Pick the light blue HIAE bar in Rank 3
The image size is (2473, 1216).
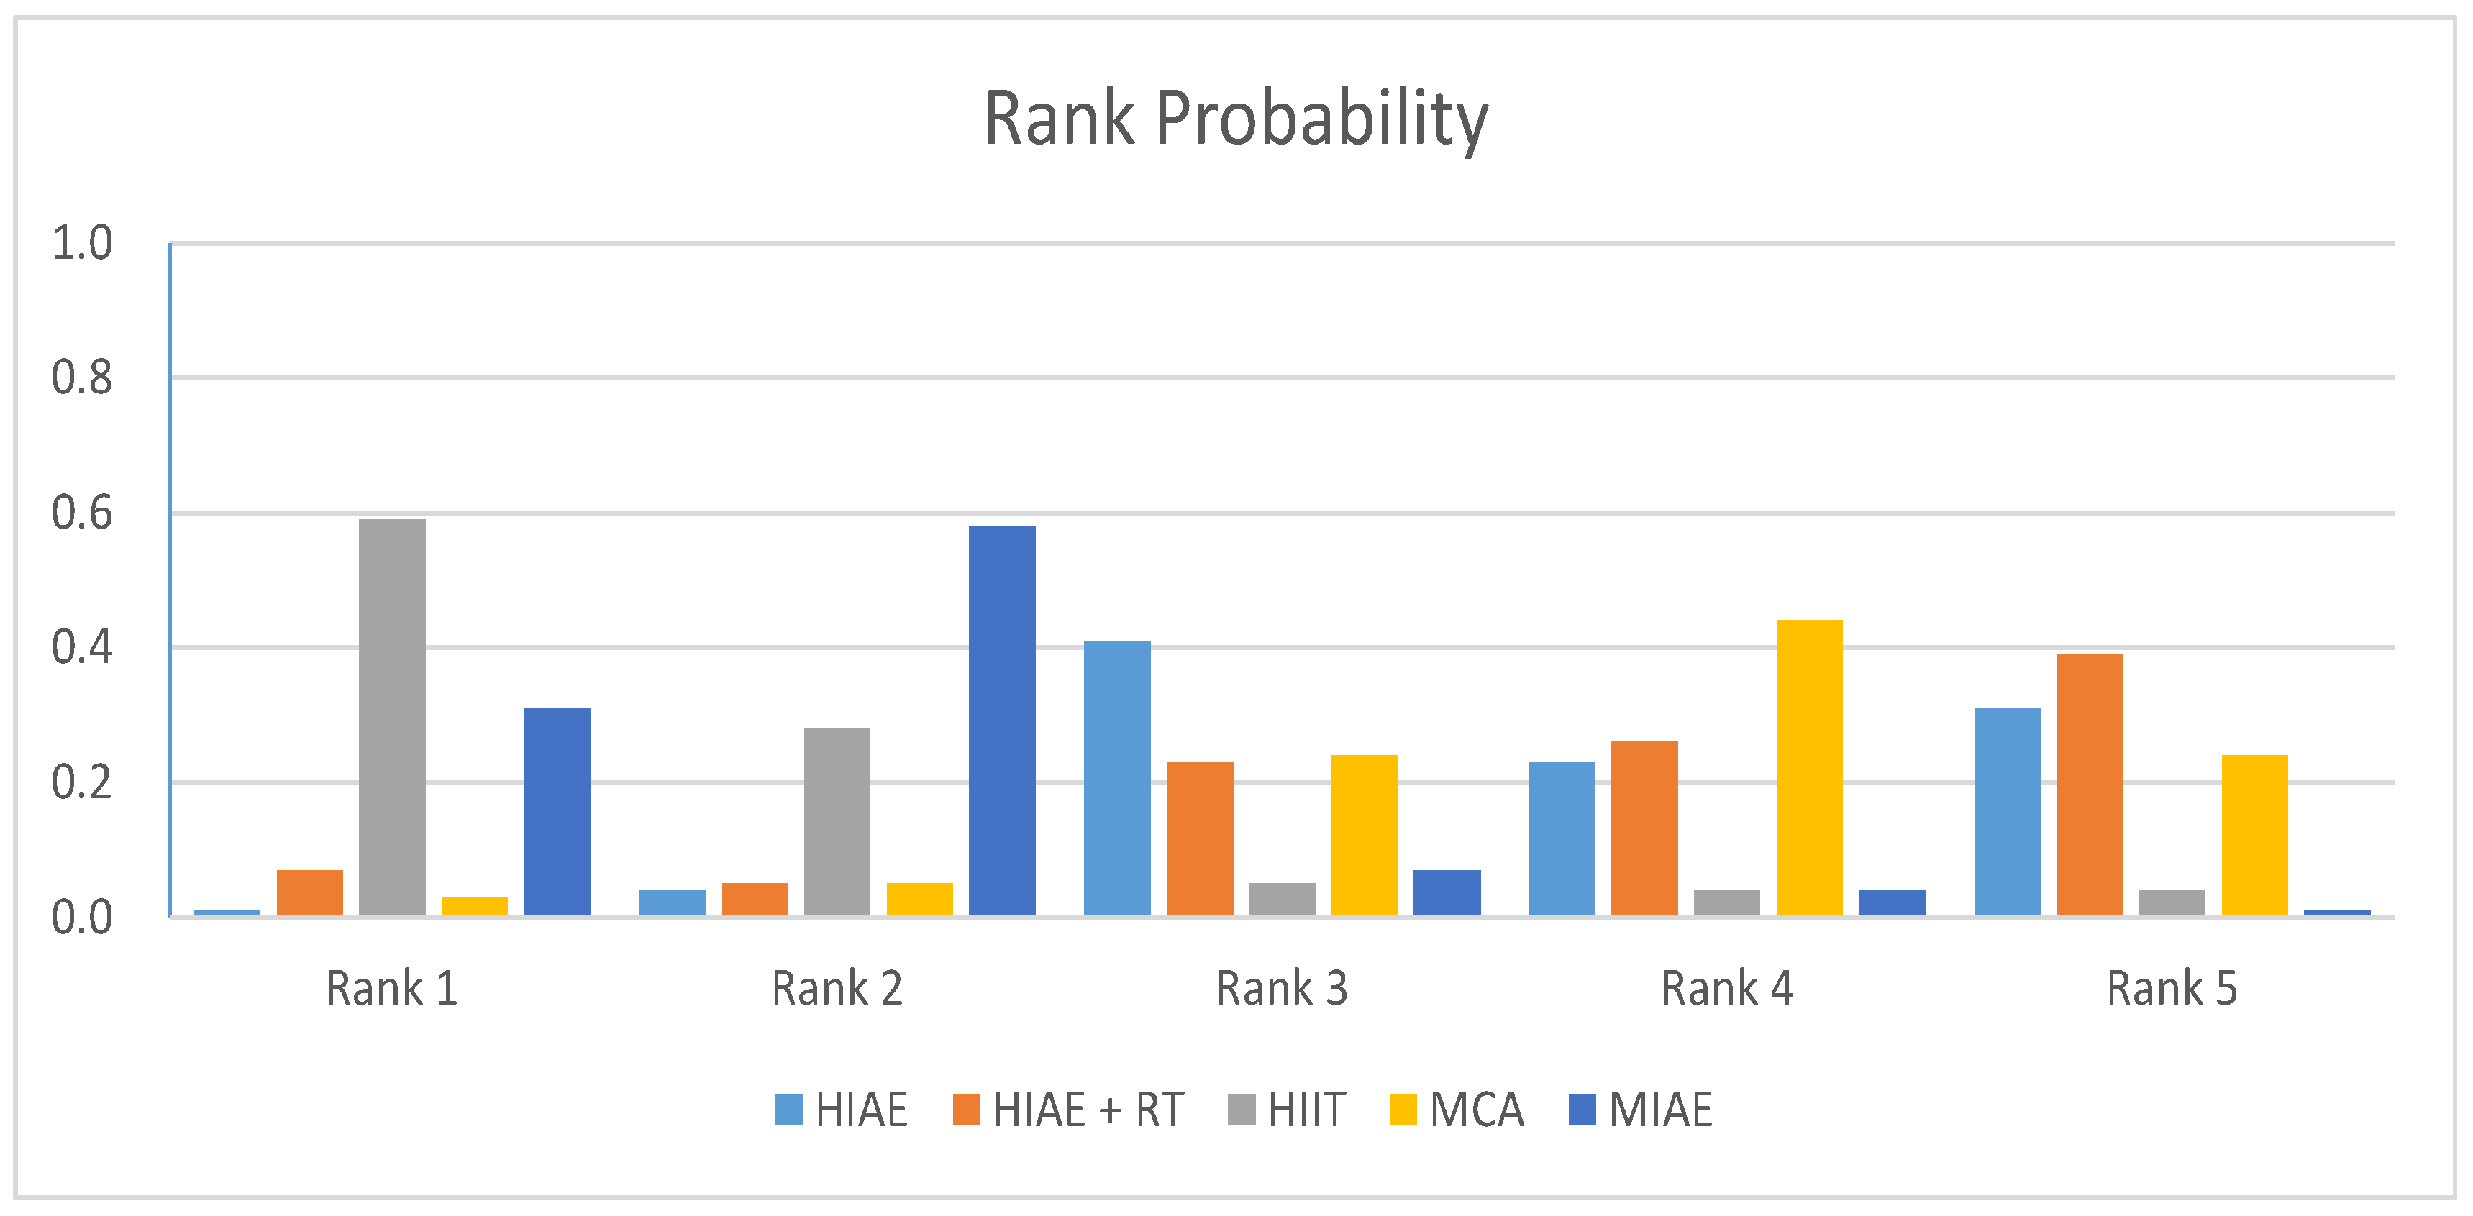point(1116,777)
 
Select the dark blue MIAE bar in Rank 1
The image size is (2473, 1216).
point(557,811)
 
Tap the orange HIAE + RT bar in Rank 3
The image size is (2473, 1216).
point(1199,838)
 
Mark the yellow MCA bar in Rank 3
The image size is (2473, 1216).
point(1365,835)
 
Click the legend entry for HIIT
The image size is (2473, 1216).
point(1288,1110)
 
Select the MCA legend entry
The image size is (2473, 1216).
point(1457,1110)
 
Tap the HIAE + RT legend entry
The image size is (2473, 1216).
point(1068,1110)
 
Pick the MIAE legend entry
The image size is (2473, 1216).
point(1641,1110)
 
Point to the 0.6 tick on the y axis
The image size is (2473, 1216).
point(81,513)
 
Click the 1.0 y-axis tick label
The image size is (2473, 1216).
point(81,244)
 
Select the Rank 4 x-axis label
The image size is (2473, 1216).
point(1727,989)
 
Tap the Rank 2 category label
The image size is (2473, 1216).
point(837,989)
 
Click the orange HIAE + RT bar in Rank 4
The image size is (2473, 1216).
point(1644,828)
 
